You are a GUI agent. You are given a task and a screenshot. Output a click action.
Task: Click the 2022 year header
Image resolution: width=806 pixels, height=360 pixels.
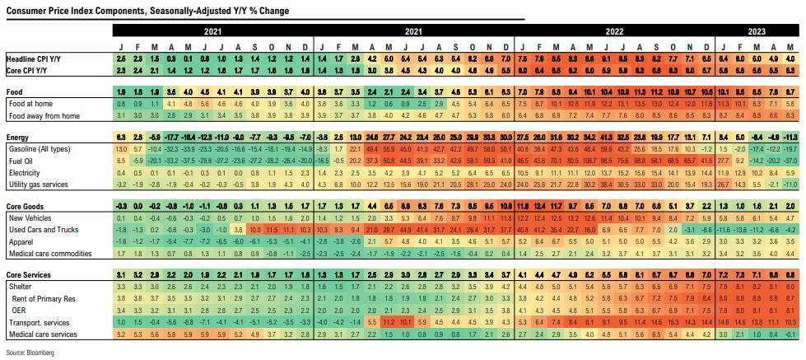614,30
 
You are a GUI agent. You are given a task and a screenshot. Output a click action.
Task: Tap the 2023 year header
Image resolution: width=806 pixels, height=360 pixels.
757,30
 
